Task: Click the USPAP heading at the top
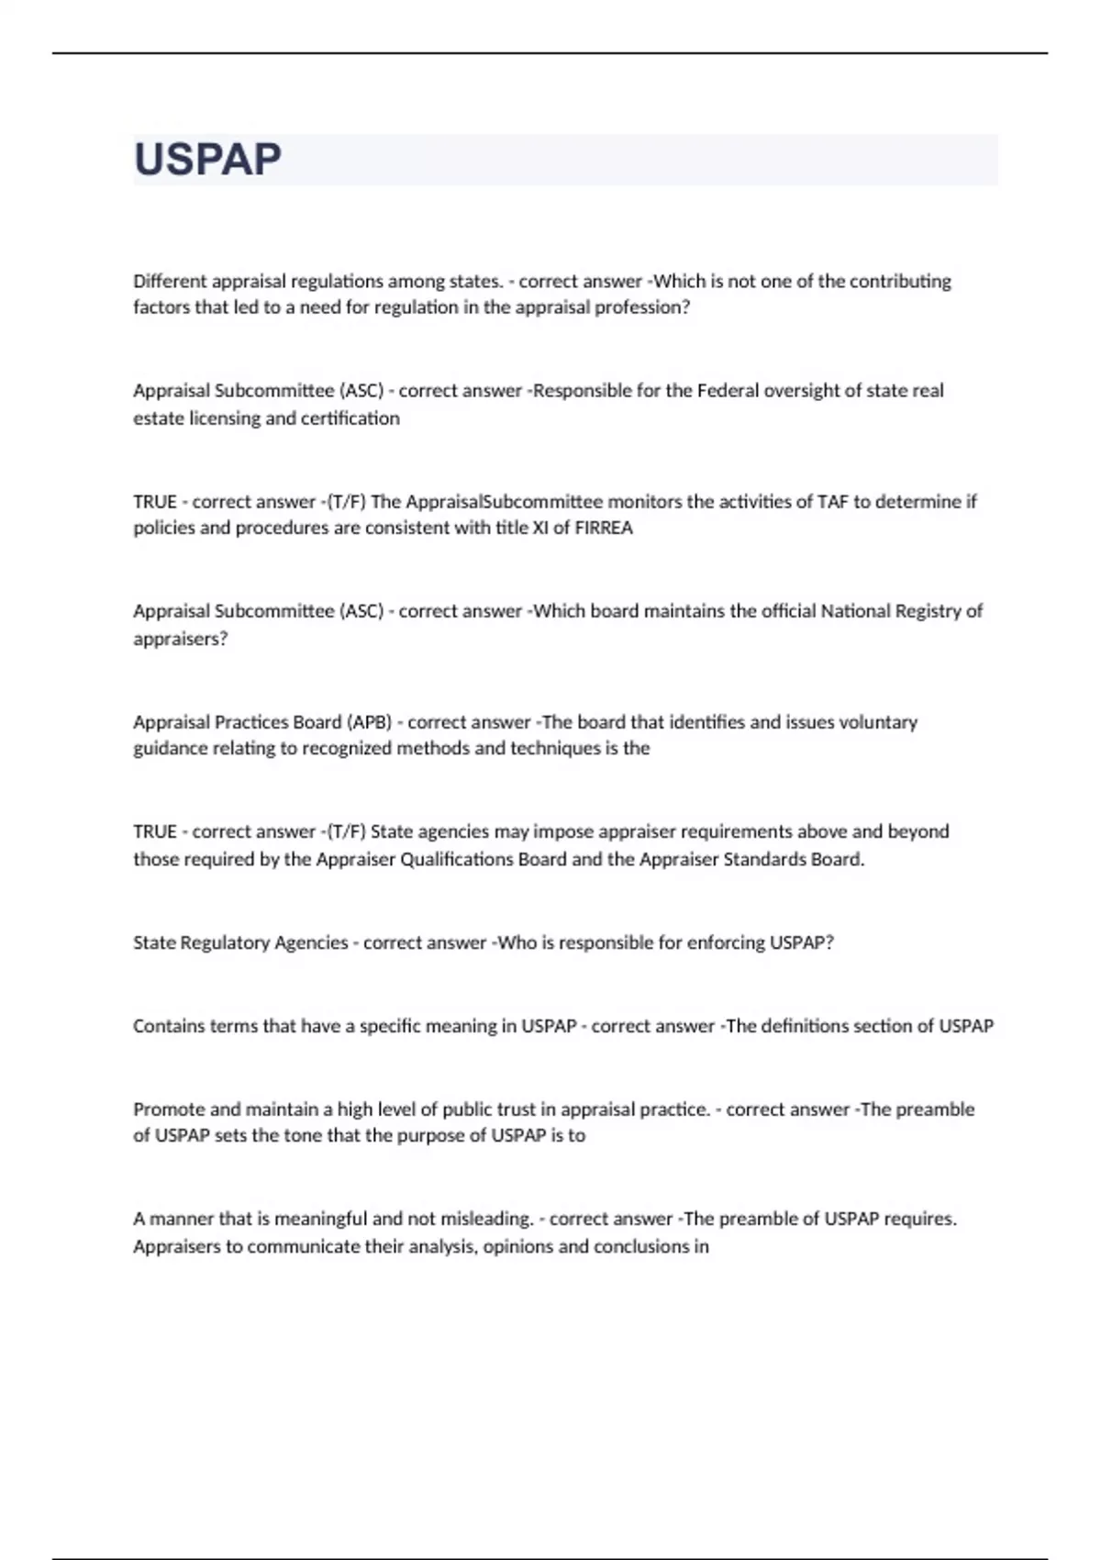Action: [x=207, y=160]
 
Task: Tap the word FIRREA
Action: [x=603, y=528]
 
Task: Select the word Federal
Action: [x=728, y=391]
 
